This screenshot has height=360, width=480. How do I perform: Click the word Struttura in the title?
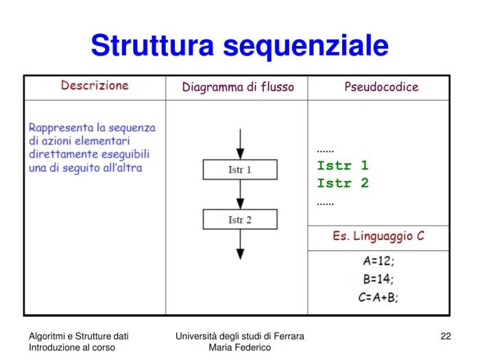pyautogui.click(x=152, y=45)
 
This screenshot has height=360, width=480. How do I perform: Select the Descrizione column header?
pyautogui.click(x=95, y=86)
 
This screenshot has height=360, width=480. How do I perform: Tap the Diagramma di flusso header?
pyautogui.click(x=238, y=87)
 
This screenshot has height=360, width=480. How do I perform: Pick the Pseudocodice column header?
pyautogui.click(x=381, y=87)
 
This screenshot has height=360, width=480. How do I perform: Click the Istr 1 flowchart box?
pyautogui.click(x=240, y=169)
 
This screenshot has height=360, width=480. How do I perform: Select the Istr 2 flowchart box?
pyautogui.click(x=240, y=219)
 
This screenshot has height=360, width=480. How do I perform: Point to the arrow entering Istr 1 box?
pyautogui.click(x=240, y=144)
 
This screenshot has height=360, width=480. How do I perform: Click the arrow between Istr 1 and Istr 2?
pyautogui.click(x=240, y=194)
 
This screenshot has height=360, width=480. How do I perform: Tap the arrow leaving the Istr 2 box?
pyautogui.click(x=240, y=244)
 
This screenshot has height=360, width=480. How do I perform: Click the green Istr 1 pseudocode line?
pyautogui.click(x=343, y=166)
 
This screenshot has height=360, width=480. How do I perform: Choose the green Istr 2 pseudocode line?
pyautogui.click(x=343, y=183)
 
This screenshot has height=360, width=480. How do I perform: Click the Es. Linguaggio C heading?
pyautogui.click(x=379, y=236)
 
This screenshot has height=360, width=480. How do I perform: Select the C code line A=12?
pyautogui.click(x=379, y=261)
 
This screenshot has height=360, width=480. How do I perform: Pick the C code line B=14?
pyautogui.click(x=379, y=279)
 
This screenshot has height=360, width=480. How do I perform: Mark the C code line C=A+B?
pyautogui.click(x=379, y=297)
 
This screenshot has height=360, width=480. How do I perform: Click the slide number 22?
pyautogui.click(x=446, y=336)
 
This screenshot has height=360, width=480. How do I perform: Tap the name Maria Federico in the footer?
pyautogui.click(x=240, y=348)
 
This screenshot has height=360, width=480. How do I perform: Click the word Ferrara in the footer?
pyautogui.click(x=289, y=336)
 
